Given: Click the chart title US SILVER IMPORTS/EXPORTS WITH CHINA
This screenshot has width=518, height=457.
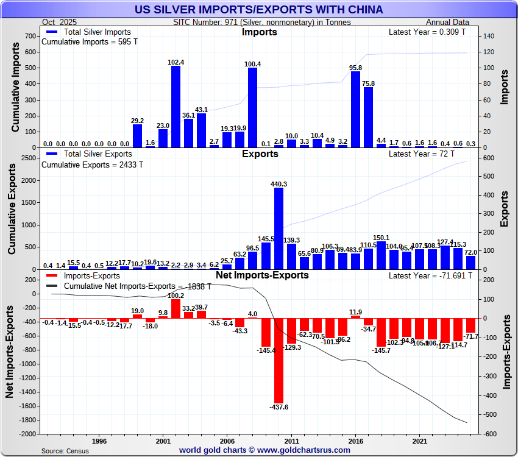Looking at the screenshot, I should click(x=259, y=10).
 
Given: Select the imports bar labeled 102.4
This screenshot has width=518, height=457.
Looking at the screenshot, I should click(x=176, y=107).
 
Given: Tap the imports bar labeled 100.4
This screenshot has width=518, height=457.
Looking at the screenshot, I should click(x=252, y=108).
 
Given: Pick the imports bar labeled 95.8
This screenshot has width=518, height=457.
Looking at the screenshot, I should click(x=355, y=110).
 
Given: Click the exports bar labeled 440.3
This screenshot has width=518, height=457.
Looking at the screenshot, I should click(x=279, y=228).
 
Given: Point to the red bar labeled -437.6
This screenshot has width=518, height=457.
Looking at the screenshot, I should click(x=279, y=359).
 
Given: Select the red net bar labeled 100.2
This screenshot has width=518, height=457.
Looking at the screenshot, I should click(x=176, y=309).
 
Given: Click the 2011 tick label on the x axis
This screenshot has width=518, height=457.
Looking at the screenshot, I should click(x=291, y=441).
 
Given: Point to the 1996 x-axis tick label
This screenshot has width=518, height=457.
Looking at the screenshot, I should click(x=99, y=441).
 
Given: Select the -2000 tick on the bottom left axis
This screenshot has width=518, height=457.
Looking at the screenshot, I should click(x=27, y=434).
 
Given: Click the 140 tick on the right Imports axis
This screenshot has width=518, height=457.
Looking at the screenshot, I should click(x=488, y=37).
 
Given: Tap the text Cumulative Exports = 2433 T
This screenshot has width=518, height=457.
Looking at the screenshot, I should click(x=91, y=165).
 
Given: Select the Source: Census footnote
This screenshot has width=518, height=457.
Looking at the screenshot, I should click(x=65, y=451).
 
